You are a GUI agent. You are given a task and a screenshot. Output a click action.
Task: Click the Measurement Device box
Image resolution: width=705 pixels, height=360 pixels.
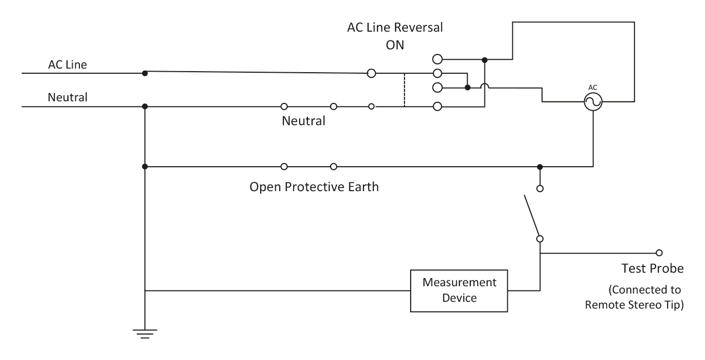coord(459,290)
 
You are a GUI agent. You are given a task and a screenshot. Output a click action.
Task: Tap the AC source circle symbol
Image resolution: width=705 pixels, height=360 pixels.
coord(592,103)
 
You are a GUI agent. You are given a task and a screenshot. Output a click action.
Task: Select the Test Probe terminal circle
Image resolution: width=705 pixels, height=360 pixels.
coord(659,253)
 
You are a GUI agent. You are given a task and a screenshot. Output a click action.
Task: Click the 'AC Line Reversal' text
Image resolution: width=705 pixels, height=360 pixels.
coord(395,28)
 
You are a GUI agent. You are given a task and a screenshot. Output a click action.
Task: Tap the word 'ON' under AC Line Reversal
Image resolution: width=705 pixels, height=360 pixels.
coord(395,45)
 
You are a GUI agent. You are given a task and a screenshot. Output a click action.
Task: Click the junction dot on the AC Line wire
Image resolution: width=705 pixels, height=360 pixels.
coord(145,73)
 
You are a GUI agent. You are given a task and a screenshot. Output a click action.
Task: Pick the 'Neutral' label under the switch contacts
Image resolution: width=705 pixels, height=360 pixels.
coord(304,122)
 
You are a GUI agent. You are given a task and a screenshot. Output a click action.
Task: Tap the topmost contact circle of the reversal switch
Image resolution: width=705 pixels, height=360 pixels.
coord(437,59)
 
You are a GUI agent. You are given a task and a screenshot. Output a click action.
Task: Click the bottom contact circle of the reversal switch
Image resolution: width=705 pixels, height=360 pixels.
coord(437,106)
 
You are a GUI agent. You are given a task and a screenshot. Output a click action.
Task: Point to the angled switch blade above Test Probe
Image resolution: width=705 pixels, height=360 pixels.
coord(532,216)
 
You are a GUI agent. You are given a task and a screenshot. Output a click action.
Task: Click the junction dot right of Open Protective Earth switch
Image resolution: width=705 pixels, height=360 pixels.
coord(540,167)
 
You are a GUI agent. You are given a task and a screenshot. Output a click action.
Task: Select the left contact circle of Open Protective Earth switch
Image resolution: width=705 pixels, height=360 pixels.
coord(284,167)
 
